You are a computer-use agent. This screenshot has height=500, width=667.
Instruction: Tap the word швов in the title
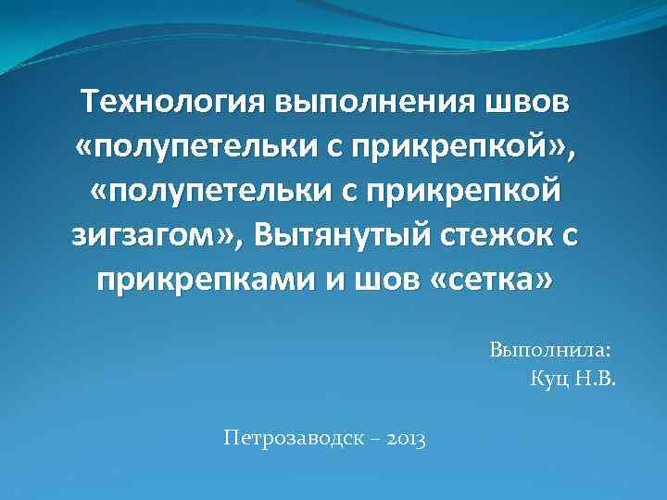pyautogui.click(x=533, y=102)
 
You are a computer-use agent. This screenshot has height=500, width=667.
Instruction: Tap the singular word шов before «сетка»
pyautogui.click(x=382, y=279)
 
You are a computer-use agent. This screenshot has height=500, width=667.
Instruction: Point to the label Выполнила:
pyautogui.click(x=550, y=351)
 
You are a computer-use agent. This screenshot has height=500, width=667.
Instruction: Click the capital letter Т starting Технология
pyautogui.click(x=90, y=101)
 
